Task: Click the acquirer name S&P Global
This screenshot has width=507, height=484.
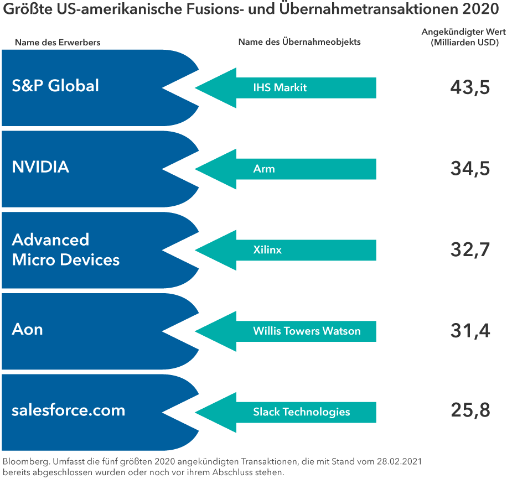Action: pos(55,86)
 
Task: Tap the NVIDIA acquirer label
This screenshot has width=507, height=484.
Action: pos(40,167)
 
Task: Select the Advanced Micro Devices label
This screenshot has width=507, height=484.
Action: pos(65,249)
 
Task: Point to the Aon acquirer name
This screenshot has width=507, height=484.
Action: pos(27,330)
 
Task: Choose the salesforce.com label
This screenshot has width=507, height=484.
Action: pos(68,410)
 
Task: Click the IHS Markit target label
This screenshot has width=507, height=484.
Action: pos(280,87)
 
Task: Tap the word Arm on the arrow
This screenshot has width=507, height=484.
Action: pos(264,169)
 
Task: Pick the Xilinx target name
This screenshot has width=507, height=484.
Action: pos(267,250)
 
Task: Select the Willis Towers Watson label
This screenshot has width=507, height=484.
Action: pos(307,331)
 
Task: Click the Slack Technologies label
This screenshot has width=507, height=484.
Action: pos(302,412)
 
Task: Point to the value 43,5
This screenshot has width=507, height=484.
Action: pos(470,87)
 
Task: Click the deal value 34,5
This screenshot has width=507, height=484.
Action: pos(470,168)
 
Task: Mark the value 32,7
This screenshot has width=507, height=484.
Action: pos(470,249)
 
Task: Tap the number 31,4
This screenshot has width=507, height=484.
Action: pos(470,331)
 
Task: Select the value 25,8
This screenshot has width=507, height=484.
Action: pos(470,412)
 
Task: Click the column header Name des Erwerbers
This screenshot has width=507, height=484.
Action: pos(58,42)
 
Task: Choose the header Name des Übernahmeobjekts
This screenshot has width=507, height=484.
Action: pos(299,42)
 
